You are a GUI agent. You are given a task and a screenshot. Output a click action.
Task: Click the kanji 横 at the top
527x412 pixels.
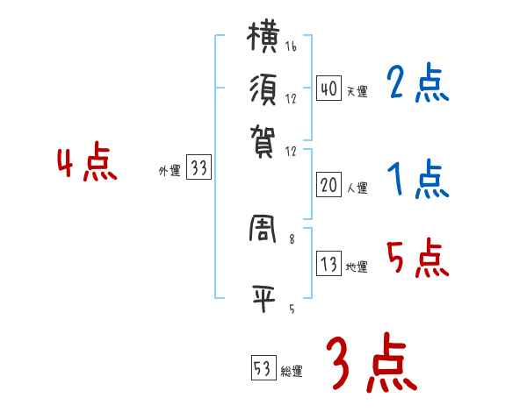point(265,39)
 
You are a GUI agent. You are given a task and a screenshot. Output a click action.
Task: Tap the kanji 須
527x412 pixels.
point(265,89)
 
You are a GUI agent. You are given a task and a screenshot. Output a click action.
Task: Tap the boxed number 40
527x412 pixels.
point(328,88)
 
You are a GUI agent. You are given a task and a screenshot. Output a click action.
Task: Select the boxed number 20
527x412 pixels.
point(328,184)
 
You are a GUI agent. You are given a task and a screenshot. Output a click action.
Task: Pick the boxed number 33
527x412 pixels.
point(199,169)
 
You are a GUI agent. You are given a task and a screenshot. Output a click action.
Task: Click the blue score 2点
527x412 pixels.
point(416,85)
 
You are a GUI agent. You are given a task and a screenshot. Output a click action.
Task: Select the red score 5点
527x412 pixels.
point(417,259)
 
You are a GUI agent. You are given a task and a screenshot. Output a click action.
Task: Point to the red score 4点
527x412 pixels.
point(86,164)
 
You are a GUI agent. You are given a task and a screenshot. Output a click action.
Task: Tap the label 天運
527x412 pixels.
point(357,91)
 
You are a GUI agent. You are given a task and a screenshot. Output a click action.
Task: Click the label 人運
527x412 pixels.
point(357,188)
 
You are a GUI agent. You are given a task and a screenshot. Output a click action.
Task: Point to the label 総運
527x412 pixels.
point(292,373)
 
